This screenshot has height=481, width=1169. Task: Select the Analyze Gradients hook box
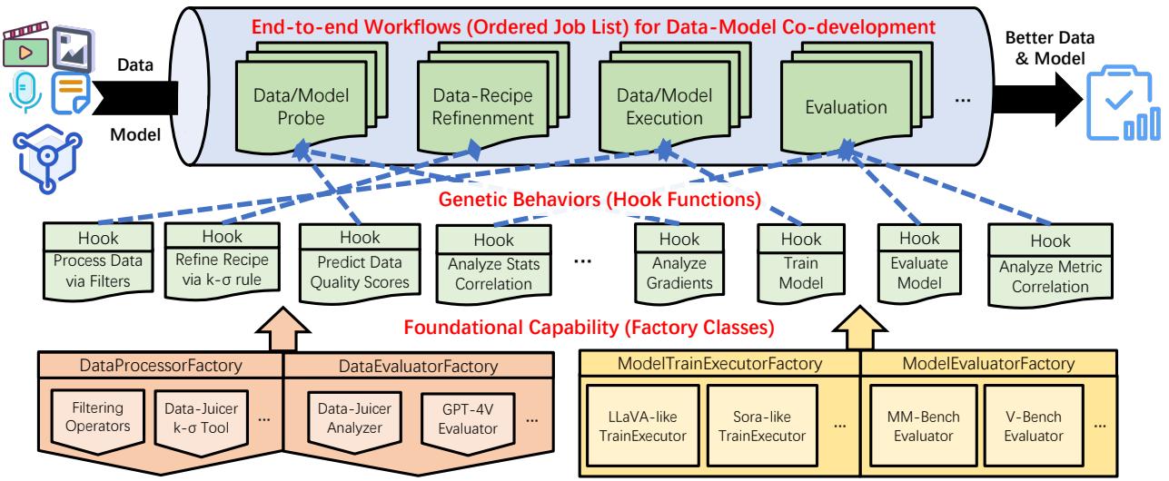tap(680, 262)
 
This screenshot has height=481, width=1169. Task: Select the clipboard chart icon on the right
tap(1122, 105)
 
